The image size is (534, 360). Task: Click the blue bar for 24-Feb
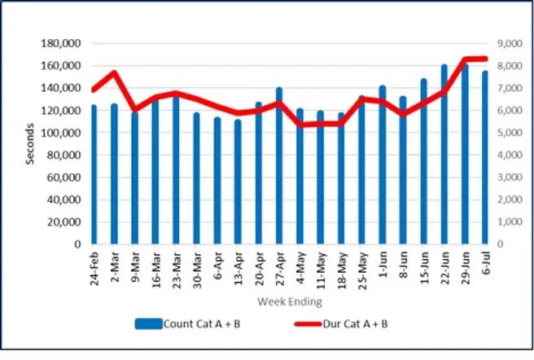94,175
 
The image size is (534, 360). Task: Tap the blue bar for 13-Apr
238,182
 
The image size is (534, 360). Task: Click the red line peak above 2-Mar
115,72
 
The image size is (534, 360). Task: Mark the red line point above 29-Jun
465,59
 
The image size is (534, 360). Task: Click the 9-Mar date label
135,266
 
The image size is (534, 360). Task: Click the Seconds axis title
30,143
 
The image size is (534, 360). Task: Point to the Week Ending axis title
289,302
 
